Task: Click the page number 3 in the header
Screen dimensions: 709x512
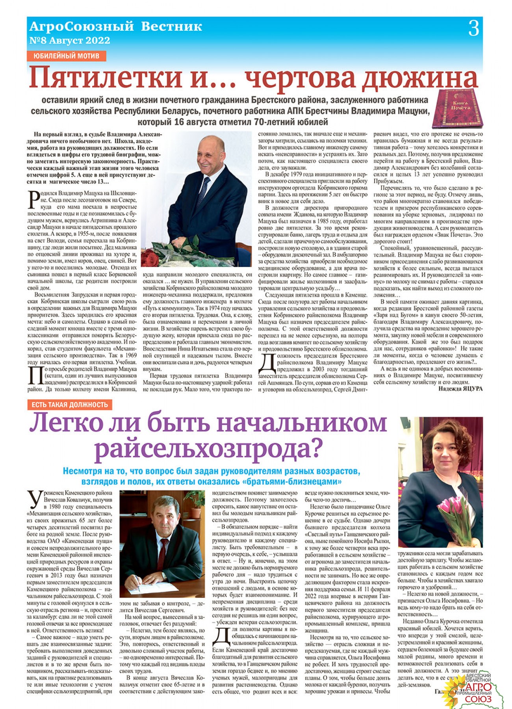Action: [474, 29]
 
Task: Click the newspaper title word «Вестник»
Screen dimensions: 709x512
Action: [171, 27]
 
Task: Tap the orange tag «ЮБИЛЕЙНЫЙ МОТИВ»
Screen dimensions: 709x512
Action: [66, 56]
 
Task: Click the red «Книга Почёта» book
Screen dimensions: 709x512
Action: [457, 108]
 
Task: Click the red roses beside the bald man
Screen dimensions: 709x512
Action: [151, 258]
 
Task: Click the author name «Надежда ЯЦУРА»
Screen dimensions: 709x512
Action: [460, 389]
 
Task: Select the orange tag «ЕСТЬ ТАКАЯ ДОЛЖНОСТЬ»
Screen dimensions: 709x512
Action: [70, 405]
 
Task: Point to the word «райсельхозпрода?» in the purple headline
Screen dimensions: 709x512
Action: [209, 449]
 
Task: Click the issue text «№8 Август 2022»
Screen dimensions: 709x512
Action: [70, 41]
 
